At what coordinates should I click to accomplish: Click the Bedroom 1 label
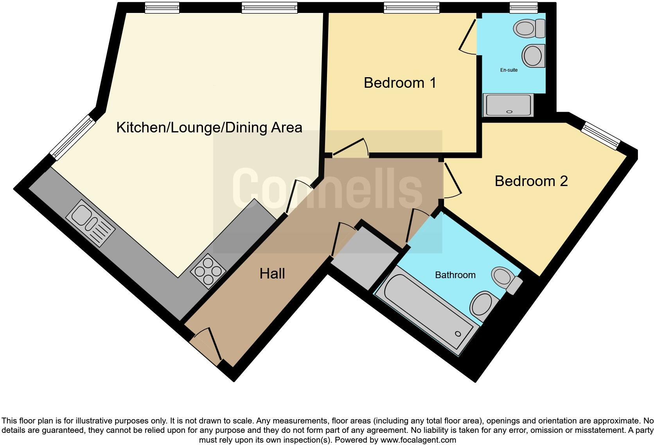pos(400,83)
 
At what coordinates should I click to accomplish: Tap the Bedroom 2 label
pos(531,181)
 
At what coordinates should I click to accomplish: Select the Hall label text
pos(272,273)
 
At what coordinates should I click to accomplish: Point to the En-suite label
pos(508,70)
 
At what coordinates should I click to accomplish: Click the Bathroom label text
pos(455,275)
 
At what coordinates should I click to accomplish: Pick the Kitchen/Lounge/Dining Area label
pos(209,128)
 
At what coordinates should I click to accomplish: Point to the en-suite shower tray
pos(508,105)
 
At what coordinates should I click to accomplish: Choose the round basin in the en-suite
pos(533,56)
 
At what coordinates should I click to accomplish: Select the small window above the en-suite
pos(523,7)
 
